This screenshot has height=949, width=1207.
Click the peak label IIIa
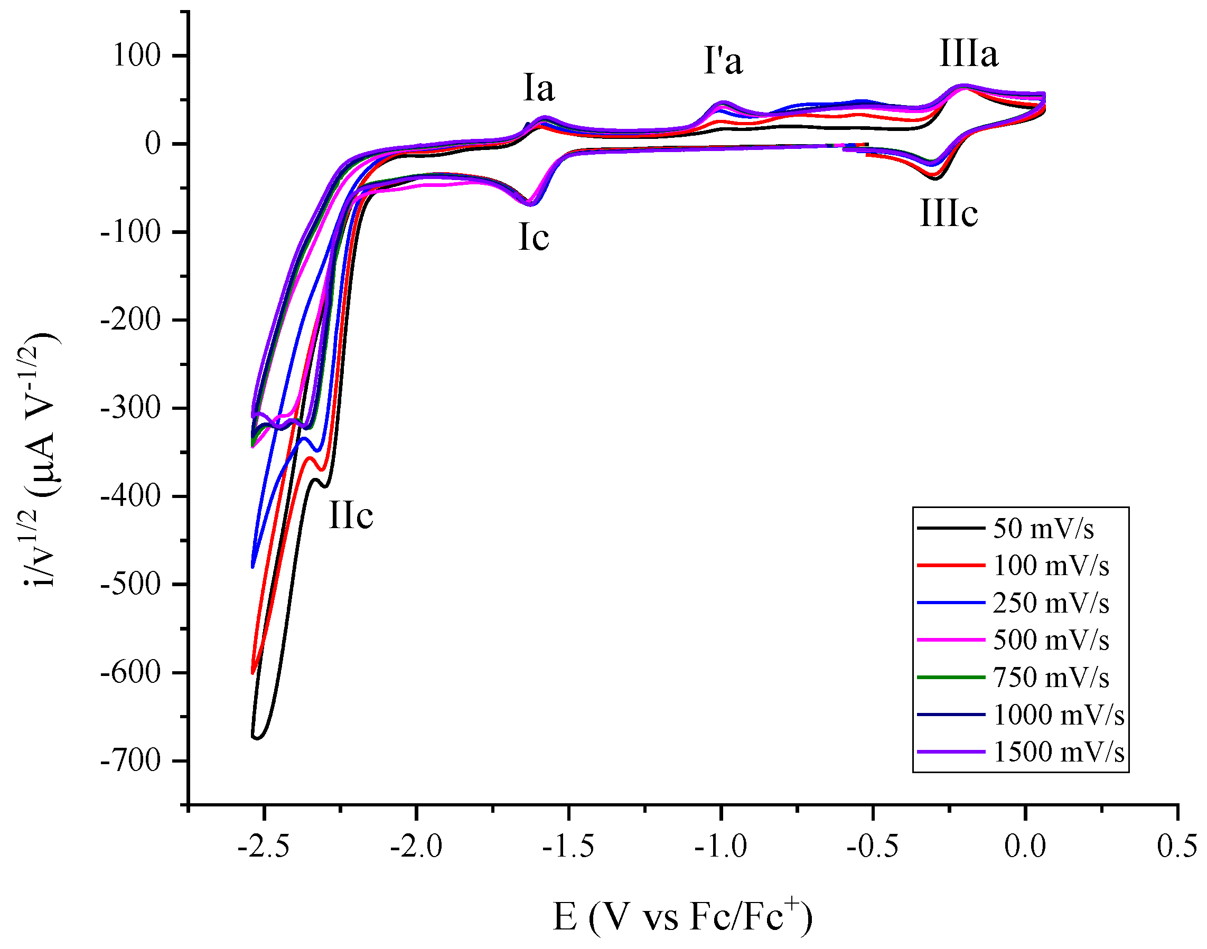pyautogui.click(x=968, y=54)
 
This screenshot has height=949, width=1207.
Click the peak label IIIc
pyautogui.click(x=949, y=213)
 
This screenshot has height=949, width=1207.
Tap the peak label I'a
pyautogui.click(x=723, y=61)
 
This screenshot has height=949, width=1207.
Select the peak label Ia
pyautogui.click(x=538, y=88)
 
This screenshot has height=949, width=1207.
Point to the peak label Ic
pyautogui.click(x=534, y=238)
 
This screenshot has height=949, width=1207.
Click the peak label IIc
pyautogui.click(x=350, y=515)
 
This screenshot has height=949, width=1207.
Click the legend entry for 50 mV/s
pyautogui.click(x=1043, y=528)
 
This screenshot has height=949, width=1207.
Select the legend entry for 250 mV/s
pyautogui.click(x=1050, y=603)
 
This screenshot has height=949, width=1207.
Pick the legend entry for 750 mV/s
pyautogui.click(x=1050, y=678)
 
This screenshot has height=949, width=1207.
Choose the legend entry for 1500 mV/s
pyautogui.click(x=1058, y=752)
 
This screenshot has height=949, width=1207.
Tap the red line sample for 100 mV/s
pyautogui.click(x=950, y=566)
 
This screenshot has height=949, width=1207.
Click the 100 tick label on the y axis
pyautogui.click(x=137, y=55)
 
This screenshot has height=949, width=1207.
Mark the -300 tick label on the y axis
pyautogui.click(x=130, y=408)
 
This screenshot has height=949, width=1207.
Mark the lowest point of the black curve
pyautogui.click(x=257, y=738)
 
